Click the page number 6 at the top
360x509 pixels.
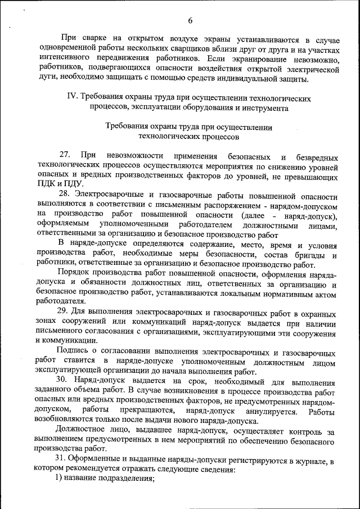click(x=191, y=21)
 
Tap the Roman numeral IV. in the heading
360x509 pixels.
click(x=73, y=98)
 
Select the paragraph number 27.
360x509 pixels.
click(x=66, y=155)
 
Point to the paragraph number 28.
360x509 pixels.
click(x=66, y=195)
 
